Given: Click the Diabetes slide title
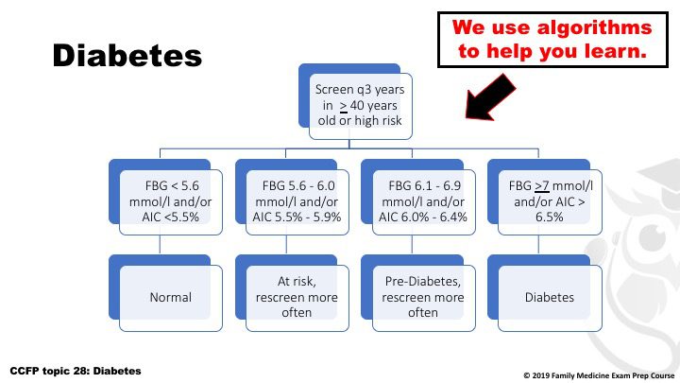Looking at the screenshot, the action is tap(127, 56).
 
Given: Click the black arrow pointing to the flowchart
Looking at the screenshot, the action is tap(490, 96).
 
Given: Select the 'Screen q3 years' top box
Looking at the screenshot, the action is tap(361, 106).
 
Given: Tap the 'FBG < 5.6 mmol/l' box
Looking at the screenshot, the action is tap(170, 202).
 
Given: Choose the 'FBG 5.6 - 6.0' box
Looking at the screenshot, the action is tap(297, 202).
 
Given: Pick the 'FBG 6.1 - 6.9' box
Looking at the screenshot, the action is tap(423, 202).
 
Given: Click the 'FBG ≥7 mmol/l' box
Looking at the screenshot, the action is tap(550, 202).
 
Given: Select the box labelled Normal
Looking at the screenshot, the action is tap(170, 298).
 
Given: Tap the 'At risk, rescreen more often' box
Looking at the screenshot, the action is tap(297, 298).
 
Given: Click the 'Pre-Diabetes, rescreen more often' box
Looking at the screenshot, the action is tap(423, 298).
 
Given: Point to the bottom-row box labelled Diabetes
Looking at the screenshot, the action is tap(550, 298).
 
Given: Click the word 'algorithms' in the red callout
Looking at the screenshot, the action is tap(594, 27).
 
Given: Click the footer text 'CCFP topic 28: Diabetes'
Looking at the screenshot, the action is tap(76, 371).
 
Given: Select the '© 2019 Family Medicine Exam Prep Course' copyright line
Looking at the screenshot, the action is tap(599, 375).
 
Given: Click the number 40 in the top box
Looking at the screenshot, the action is tap(357, 106).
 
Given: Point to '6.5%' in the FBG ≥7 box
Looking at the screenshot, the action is tap(549, 217).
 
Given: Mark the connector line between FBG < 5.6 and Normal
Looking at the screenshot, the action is tap(160, 245).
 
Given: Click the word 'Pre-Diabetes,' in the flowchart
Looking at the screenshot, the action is tap(423, 282).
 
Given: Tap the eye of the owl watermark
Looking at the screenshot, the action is tap(654, 237).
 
